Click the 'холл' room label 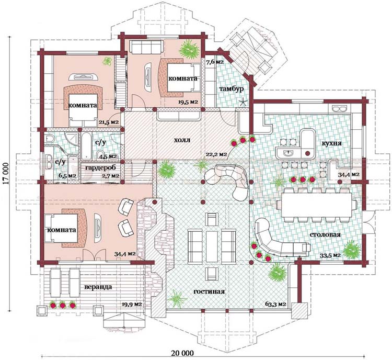click(x=182, y=140)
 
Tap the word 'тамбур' click(x=232, y=89)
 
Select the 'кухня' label click(x=331, y=143)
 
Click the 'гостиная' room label click(x=209, y=291)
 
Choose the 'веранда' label click(x=98, y=287)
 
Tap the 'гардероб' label click(x=100, y=168)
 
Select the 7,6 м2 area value click(x=215, y=62)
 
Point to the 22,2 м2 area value click(x=216, y=154)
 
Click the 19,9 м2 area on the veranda click(x=132, y=305)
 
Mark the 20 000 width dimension click(x=182, y=353)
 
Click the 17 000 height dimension click(x=7, y=174)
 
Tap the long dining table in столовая click(x=317, y=205)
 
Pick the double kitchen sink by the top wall click(x=340, y=108)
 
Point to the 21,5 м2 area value click(x=108, y=122)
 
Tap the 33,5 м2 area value click(x=330, y=255)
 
